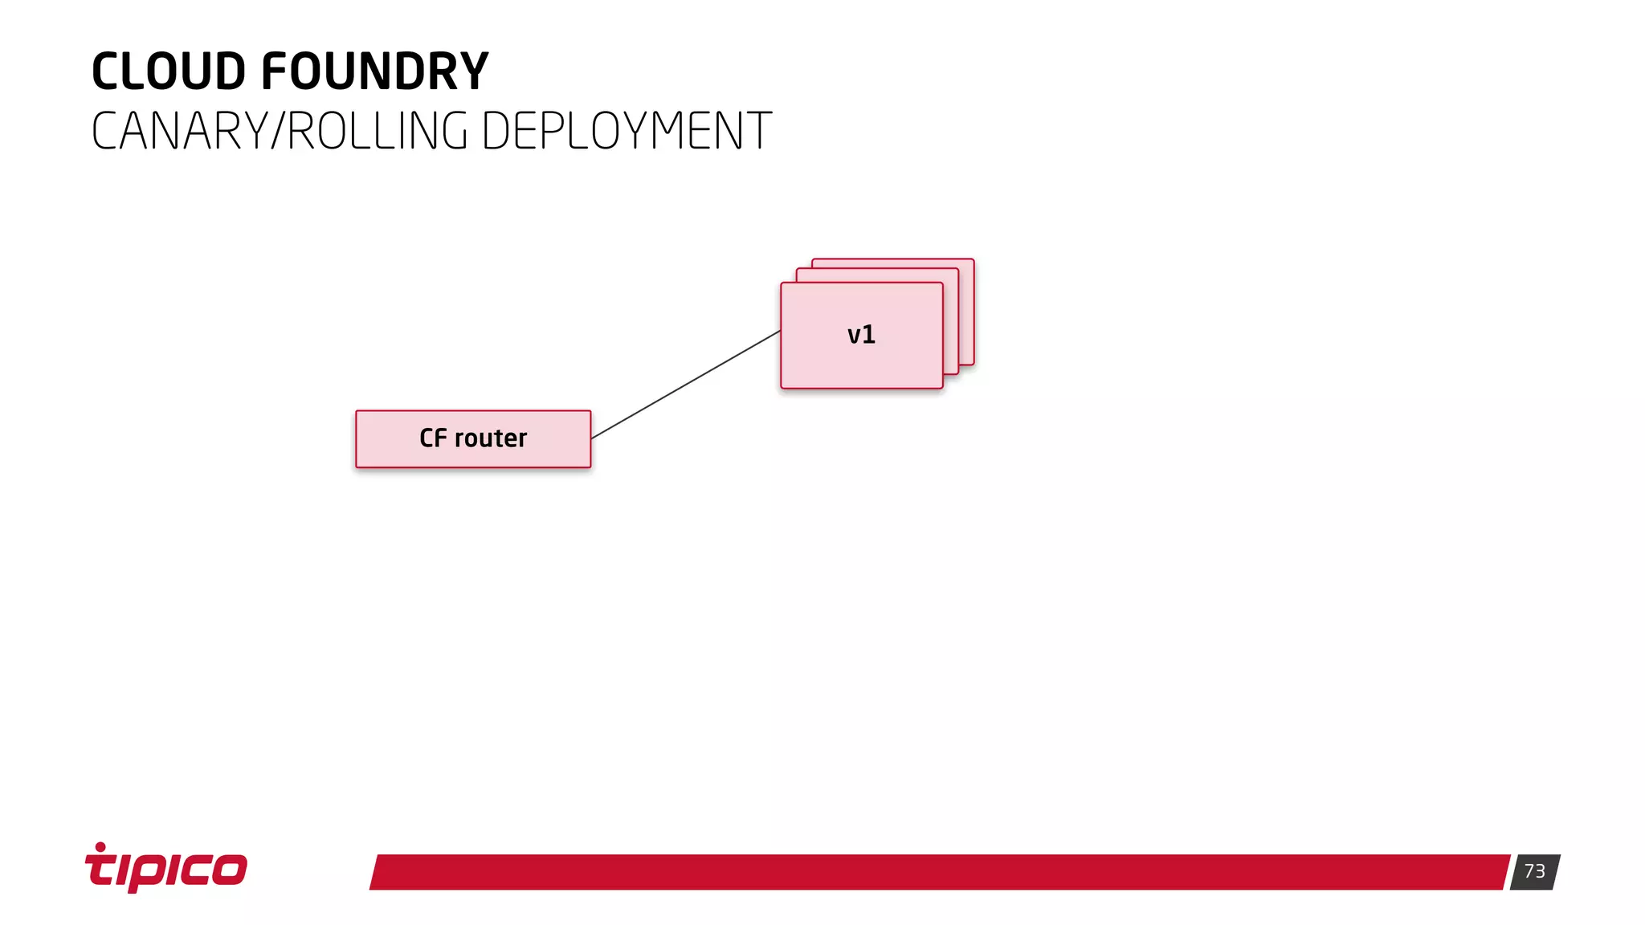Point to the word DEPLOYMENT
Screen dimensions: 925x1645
tap(627, 132)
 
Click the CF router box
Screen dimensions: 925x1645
tap(473, 439)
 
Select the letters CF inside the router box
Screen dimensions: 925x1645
tap(433, 438)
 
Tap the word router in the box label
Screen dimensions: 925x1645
tap(491, 438)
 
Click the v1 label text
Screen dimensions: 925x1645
tap(861, 335)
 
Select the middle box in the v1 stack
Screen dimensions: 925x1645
tap(951, 321)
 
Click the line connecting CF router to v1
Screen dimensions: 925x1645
tap(685, 385)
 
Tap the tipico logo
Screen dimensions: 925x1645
tap(166, 868)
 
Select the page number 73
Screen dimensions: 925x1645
tap(1534, 871)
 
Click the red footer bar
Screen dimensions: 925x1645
tap(940, 872)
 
